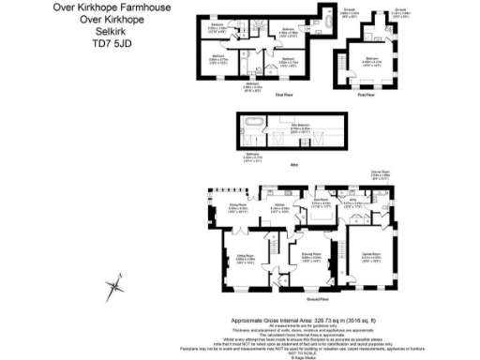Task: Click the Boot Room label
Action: point(319,199)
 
